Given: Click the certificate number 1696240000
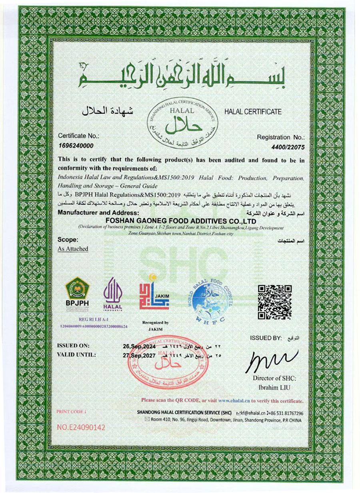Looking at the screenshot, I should click(x=76, y=146).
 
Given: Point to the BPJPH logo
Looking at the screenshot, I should click(x=77, y=293).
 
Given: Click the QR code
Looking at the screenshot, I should click(x=274, y=302).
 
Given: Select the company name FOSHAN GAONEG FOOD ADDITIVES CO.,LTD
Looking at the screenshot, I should click(x=181, y=221).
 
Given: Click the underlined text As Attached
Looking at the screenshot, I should click(x=73, y=249).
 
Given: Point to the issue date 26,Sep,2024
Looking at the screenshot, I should click(x=139, y=346).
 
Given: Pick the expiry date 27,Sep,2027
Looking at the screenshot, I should click(x=139, y=355).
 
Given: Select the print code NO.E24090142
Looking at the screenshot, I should click(x=81, y=427).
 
